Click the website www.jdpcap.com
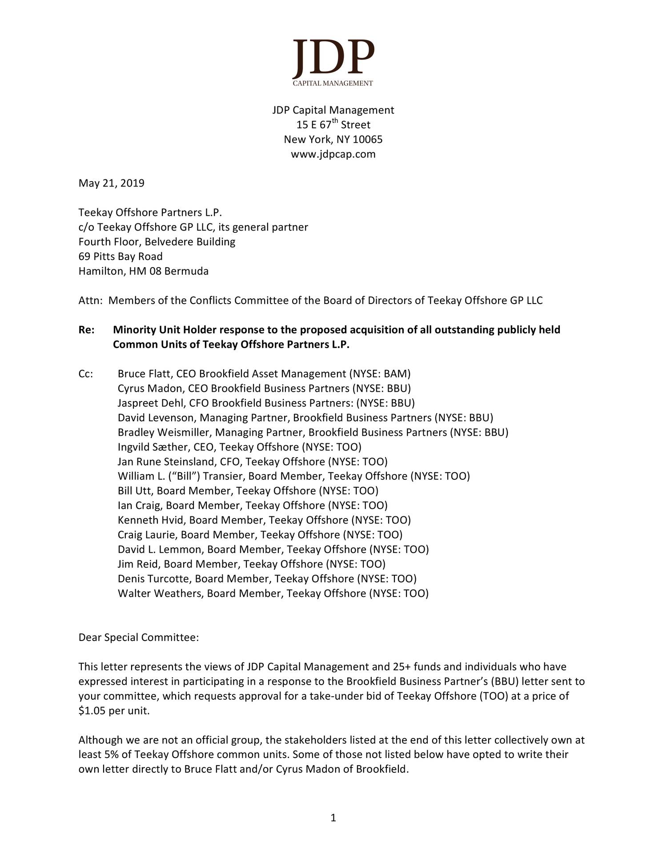[x=333, y=154]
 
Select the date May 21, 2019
[x=111, y=183]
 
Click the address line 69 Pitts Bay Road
[x=121, y=256]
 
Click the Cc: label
[x=86, y=374]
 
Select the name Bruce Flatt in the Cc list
[x=145, y=374]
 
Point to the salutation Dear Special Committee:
[x=138, y=637]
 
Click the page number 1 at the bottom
[x=333, y=818]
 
